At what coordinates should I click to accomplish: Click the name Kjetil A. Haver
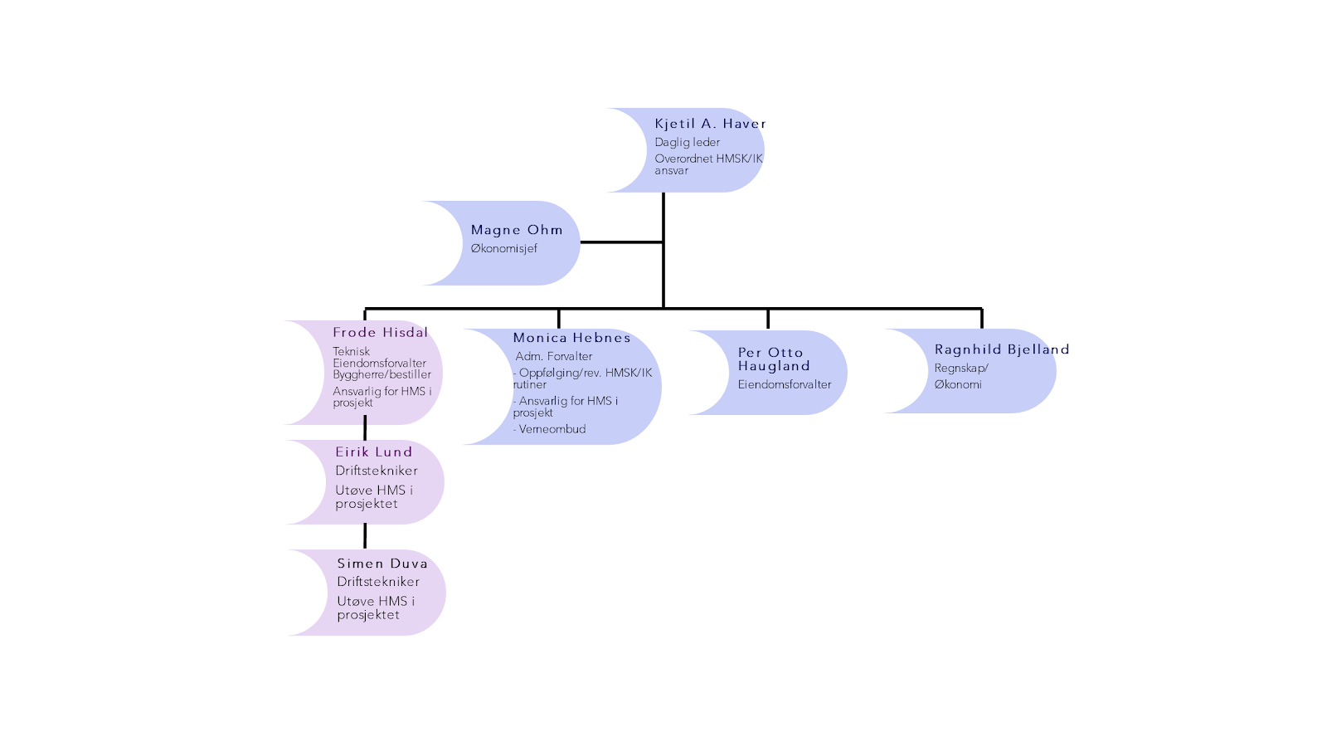710,124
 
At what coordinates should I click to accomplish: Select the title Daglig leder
687,142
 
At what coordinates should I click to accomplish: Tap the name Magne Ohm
517,230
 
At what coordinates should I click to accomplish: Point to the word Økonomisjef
503,248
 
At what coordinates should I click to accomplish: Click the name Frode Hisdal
381,332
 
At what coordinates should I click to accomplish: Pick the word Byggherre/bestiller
382,374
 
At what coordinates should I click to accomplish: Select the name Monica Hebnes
571,338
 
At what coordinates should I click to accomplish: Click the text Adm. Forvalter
554,356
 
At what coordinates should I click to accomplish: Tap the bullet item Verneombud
552,429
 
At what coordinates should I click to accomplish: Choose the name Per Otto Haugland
772,359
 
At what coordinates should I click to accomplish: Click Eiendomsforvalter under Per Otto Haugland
784,384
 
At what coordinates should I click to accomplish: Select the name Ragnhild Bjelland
1001,349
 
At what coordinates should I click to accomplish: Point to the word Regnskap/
961,368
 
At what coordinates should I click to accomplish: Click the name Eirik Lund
373,452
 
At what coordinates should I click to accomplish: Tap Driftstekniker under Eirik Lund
376,471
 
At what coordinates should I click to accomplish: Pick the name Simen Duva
382,563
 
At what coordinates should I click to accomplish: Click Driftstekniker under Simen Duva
377,582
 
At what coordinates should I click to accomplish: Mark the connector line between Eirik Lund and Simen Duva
365,536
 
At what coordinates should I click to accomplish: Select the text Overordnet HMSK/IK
708,159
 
